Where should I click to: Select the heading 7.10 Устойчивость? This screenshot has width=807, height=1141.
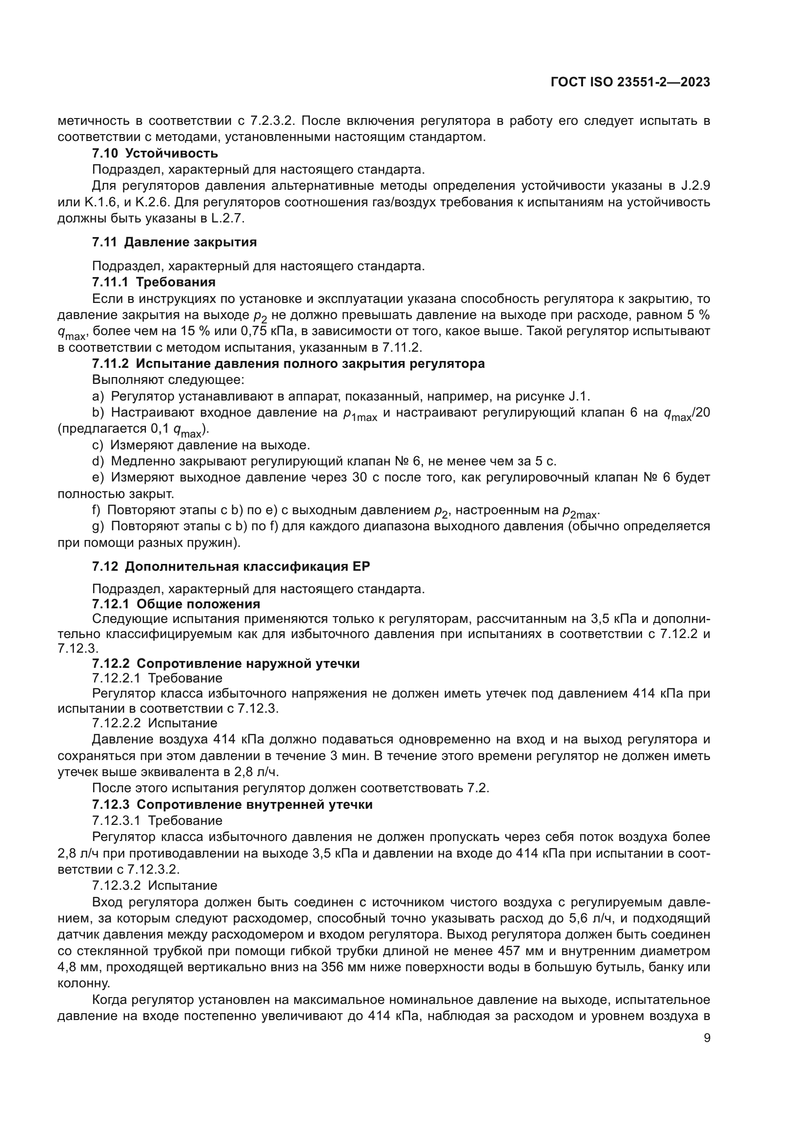pos(155,153)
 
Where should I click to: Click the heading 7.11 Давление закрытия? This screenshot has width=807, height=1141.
pos(174,242)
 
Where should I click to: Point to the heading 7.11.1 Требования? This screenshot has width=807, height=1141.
pos(154,282)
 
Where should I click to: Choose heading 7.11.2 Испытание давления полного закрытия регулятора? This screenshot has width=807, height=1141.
pos(288,364)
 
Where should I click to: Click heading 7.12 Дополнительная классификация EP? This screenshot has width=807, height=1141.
pos(231,566)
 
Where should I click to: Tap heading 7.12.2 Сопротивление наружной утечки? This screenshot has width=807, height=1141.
pos(225,663)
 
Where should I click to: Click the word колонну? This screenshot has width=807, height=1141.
pos(83,983)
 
